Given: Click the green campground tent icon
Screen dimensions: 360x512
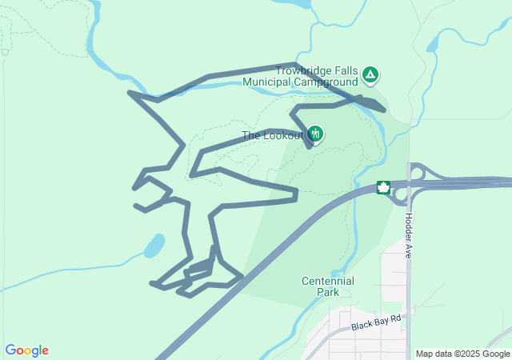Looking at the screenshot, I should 370,75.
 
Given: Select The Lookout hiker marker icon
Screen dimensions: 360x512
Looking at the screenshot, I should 315,134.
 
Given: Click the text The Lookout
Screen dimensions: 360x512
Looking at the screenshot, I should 273,136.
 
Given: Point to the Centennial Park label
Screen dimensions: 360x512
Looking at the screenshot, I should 327,286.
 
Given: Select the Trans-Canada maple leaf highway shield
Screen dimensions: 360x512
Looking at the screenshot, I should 383,188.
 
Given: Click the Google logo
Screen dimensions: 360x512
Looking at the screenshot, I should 26,350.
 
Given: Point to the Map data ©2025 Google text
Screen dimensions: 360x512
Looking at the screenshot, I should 462,354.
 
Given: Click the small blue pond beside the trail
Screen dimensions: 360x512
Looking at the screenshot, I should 154,246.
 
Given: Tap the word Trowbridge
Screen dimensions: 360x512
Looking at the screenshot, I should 302,70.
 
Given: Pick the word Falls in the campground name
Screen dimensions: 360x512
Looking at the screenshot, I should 344,70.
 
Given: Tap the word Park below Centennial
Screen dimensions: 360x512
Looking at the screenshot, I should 327,292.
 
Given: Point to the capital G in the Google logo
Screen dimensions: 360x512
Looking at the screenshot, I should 10,350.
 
